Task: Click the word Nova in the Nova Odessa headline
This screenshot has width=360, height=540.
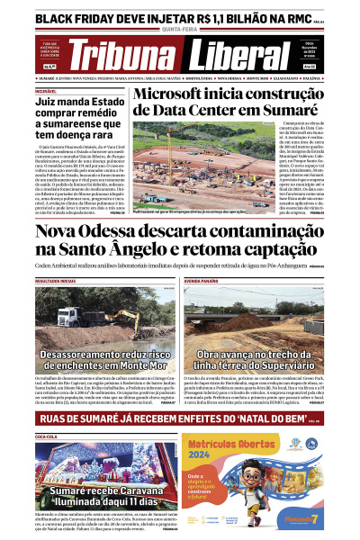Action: [64, 235]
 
